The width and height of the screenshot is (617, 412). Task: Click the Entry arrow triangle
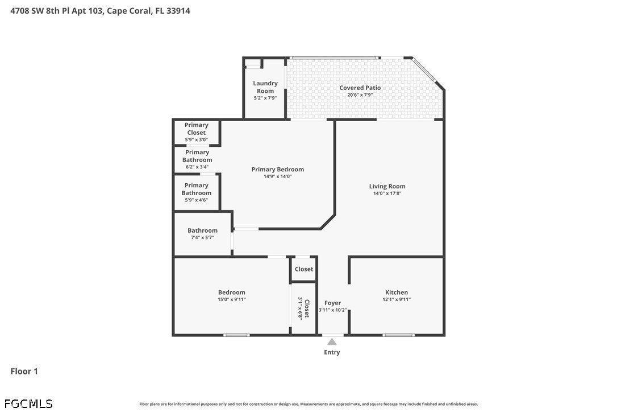tap(332, 341)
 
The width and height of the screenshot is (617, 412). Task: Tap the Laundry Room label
tap(265, 86)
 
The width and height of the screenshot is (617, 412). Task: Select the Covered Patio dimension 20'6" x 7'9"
tap(360, 95)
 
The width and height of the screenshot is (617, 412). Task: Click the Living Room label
tap(387, 186)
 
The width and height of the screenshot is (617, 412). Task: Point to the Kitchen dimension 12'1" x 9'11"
tap(397, 299)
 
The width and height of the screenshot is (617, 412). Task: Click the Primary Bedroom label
tap(278, 169)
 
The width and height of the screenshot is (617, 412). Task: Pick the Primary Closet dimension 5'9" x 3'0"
tap(197, 139)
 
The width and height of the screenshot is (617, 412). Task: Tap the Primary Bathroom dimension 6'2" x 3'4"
tap(197, 167)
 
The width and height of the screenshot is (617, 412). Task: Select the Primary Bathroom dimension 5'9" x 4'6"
tap(197, 200)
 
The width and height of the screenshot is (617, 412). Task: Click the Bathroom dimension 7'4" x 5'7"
tap(203, 237)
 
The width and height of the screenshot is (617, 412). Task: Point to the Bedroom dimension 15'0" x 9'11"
tap(232, 299)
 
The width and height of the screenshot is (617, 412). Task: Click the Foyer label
tap(332, 303)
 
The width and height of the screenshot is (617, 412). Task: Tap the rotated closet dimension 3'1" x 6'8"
tap(300, 308)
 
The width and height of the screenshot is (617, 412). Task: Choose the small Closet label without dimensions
tap(304, 269)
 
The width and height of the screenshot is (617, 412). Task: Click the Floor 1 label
tap(24, 371)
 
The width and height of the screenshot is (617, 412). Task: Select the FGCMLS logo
tap(28, 403)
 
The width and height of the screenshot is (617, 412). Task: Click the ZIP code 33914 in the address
tap(178, 11)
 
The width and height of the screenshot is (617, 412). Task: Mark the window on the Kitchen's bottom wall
tap(398, 335)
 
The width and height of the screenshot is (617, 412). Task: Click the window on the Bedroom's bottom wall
tap(236, 335)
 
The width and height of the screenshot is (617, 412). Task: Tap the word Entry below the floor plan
tap(332, 352)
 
